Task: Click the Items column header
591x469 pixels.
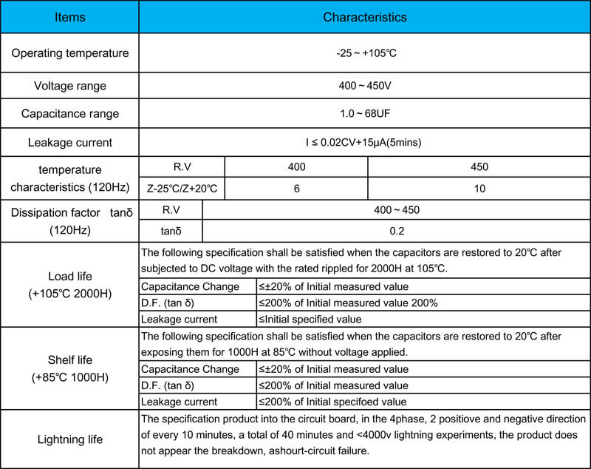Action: tap(70, 17)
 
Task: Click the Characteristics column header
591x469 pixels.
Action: tap(364, 17)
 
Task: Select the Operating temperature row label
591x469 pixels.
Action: tap(70, 53)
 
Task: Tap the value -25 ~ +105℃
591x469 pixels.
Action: tap(364, 53)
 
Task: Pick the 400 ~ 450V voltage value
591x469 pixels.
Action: tap(364, 86)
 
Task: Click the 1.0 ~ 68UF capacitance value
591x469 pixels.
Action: tap(364, 114)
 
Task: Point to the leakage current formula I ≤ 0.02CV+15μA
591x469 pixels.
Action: tap(364, 142)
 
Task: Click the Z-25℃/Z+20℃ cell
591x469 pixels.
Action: tap(182, 189)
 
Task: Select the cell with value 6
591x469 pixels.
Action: tap(296, 189)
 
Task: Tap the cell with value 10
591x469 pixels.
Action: tap(479, 189)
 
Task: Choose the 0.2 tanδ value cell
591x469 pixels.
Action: tap(397, 231)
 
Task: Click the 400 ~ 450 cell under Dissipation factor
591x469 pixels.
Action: tap(397, 210)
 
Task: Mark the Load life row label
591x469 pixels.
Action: tap(70, 285)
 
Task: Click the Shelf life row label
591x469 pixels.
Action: tap(70, 368)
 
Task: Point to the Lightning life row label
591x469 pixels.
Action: tap(70, 439)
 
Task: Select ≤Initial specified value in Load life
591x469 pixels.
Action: tap(310, 320)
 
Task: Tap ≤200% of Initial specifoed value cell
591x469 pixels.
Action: tap(332, 402)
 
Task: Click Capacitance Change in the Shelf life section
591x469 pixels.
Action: tap(190, 369)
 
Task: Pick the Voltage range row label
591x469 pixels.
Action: tap(70, 86)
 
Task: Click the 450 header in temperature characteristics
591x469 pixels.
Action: tap(479, 167)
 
